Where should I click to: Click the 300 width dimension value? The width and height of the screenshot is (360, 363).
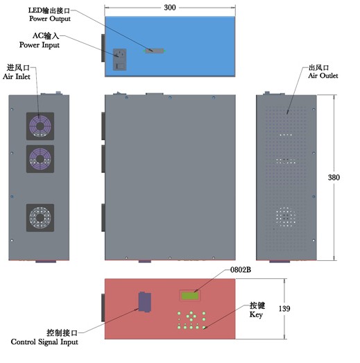[x=170, y=8]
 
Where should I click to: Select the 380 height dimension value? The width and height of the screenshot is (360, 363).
[x=334, y=177]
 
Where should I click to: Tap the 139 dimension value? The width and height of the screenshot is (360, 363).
[x=284, y=308]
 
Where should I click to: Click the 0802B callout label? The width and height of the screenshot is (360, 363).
[x=241, y=270]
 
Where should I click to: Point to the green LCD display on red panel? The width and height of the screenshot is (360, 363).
[x=190, y=296]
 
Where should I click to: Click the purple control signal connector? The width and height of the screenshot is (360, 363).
[x=144, y=302]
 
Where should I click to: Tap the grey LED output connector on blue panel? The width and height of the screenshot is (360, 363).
[x=154, y=51]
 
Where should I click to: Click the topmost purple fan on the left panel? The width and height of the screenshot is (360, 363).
[x=40, y=126]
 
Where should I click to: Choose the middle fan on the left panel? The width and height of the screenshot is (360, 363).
[x=40, y=159]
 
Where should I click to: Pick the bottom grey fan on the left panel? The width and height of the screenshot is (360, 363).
[x=40, y=218]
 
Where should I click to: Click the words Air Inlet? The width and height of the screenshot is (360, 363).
[x=17, y=76]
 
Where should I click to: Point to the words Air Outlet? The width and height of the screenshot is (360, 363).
[x=323, y=76]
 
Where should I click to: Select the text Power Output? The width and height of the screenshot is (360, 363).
[x=50, y=19]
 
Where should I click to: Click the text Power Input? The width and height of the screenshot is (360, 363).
[x=40, y=45]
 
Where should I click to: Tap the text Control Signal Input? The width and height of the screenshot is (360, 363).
[x=44, y=342]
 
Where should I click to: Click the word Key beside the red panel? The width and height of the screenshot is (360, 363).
[x=256, y=315]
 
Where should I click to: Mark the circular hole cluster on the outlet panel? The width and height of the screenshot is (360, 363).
[x=286, y=217]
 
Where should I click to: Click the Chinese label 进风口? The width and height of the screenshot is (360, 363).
[x=18, y=67]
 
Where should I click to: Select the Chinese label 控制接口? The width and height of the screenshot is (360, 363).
[x=62, y=332]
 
